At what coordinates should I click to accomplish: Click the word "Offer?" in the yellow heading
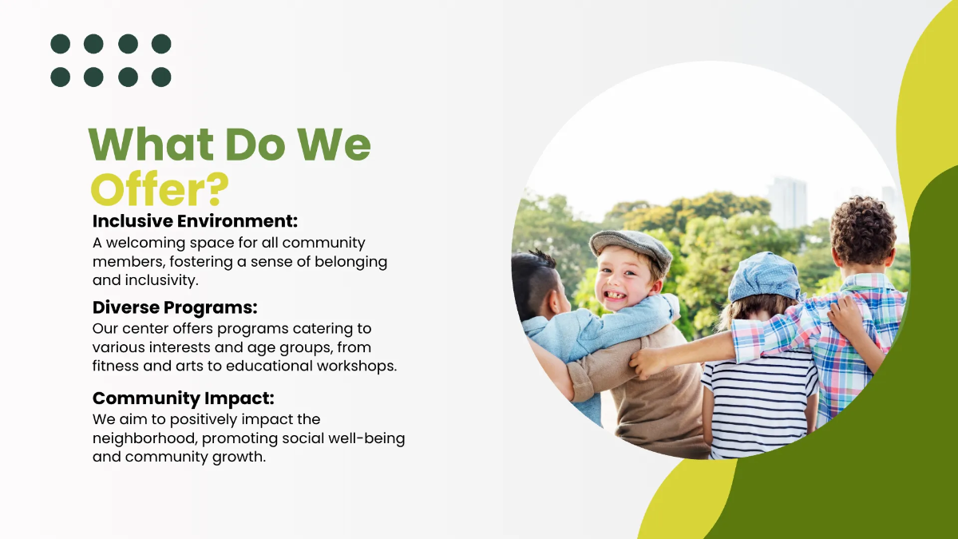click(160, 189)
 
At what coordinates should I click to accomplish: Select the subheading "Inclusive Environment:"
click(195, 220)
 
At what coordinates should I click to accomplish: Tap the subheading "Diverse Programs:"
click(175, 307)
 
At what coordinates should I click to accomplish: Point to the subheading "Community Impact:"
click(183, 398)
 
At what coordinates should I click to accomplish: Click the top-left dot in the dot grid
click(60, 44)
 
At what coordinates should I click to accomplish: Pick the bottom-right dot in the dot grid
click(161, 77)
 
